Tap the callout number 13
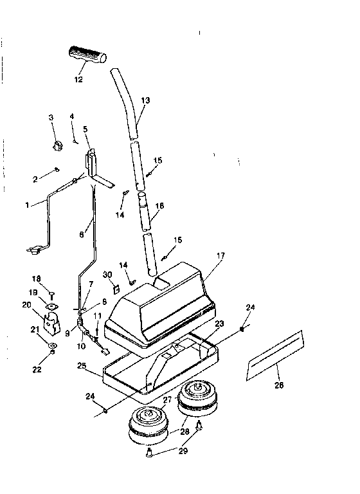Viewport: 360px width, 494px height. (145, 101)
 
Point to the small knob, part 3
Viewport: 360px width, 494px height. (57, 143)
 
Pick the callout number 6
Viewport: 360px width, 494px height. (82, 235)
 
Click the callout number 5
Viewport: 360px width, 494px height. (85, 129)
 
